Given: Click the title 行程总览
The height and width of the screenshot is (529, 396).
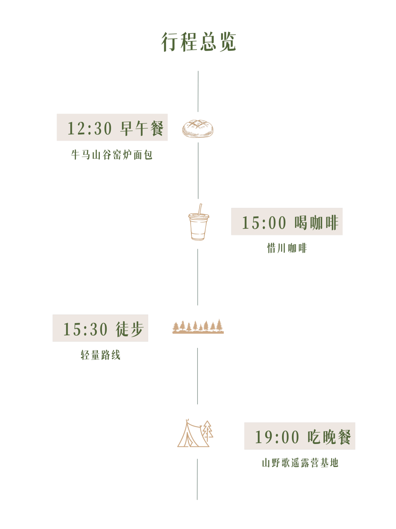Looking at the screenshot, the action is (198, 42).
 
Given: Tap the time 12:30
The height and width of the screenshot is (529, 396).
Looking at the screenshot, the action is (89, 128).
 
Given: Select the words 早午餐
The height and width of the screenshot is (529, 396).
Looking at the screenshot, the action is (142, 128).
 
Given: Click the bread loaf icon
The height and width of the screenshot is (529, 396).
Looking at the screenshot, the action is (198, 129).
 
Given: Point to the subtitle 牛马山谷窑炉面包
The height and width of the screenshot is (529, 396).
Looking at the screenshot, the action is (112, 155).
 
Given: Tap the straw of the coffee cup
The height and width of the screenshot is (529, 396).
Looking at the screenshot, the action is (200, 209).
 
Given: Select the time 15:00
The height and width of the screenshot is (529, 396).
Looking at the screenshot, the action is (264, 223).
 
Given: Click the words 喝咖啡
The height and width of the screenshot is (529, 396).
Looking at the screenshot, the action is (316, 223).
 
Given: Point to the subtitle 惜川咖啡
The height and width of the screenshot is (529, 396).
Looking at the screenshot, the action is (287, 248).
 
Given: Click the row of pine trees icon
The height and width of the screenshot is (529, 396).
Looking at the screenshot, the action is (198, 326).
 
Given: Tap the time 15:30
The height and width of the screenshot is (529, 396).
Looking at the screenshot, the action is (85, 329).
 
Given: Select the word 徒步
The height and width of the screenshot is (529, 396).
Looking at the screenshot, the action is (130, 329).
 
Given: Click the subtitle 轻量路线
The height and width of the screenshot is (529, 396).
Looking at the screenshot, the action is (100, 355).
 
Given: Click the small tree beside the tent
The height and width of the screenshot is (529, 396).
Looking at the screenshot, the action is (208, 431).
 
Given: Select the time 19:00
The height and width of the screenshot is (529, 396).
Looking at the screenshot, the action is (277, 437).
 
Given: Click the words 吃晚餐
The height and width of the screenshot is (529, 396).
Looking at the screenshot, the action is (329, 437).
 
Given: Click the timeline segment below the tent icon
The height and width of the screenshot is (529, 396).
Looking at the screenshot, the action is (197, 480).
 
